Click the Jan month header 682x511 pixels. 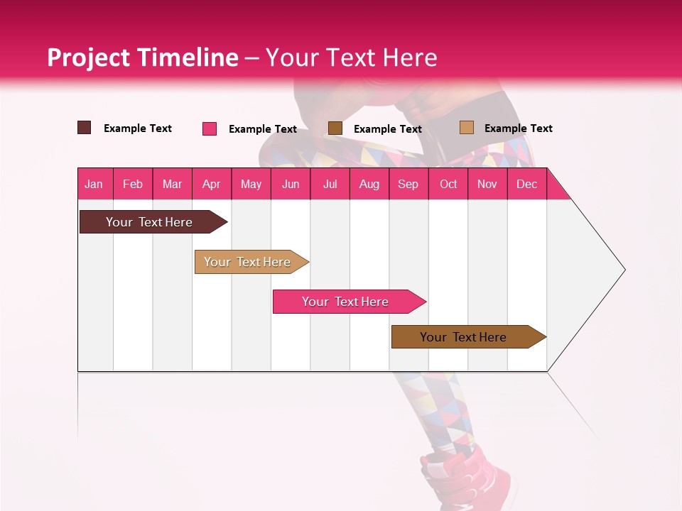click(x=94, y=184)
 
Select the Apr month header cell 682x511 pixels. click(x=212, y=184)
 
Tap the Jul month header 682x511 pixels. click(x=330, y=184)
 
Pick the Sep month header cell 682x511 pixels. click(x=408, y=184)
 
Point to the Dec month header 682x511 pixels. click(x=526, y=184)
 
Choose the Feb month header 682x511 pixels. click(x=133, y=184)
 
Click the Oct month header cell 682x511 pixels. click(x=448, y=184)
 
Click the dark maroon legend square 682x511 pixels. click(x=84, y=128)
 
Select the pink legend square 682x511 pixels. click(x=210, y=128)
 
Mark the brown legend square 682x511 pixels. click(x=335, y=128)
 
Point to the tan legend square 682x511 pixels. click(x=466, y=128)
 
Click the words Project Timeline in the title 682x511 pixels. click(x=142, y=57)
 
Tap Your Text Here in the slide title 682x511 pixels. click(x=351, y=57)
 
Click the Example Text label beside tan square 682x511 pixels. click(x=518, y=128)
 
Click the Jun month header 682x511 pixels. click(x=291, y=184)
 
